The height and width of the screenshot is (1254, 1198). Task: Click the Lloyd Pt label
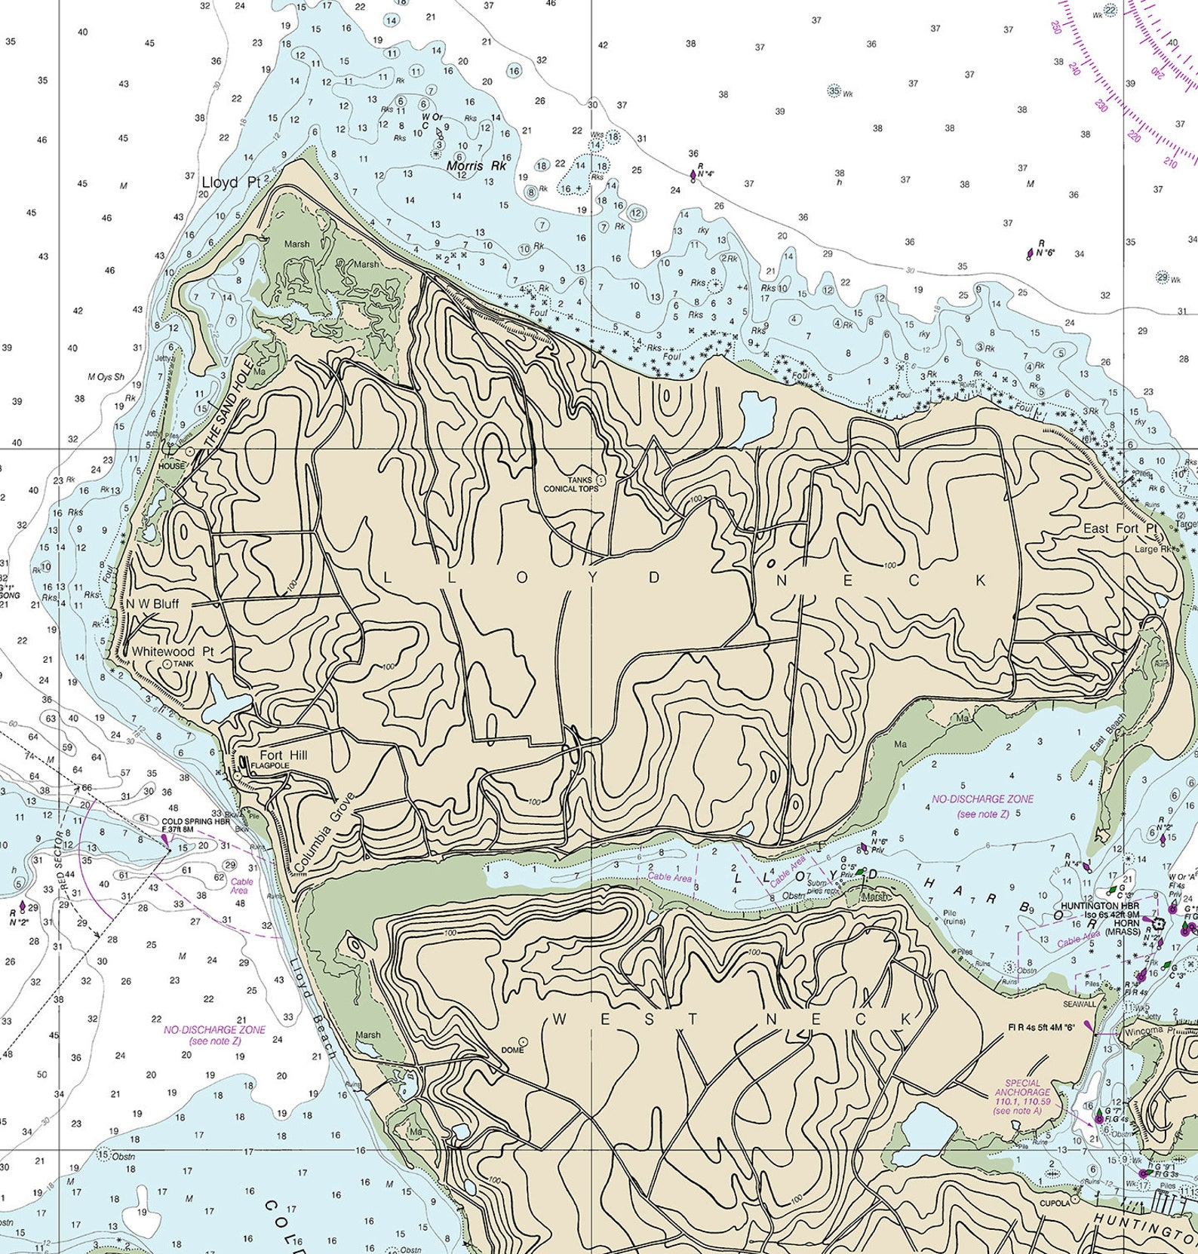[230, 182]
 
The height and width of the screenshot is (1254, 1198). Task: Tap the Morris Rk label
[476, 165]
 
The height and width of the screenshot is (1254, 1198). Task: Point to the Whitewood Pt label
[173, 651]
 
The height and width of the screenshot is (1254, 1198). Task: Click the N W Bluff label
[153, 603]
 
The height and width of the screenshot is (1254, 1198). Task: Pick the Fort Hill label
[283, 756]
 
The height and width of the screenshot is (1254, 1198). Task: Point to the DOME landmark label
[512, 1050]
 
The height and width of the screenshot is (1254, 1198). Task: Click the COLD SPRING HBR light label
[195, 822]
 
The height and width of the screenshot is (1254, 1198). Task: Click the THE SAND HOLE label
[226, 408]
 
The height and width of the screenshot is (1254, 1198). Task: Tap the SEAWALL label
[1079, 1004]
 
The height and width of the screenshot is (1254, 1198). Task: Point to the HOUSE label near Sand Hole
[171, 466]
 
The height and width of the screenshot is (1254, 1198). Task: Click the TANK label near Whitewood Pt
[183, 664]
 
